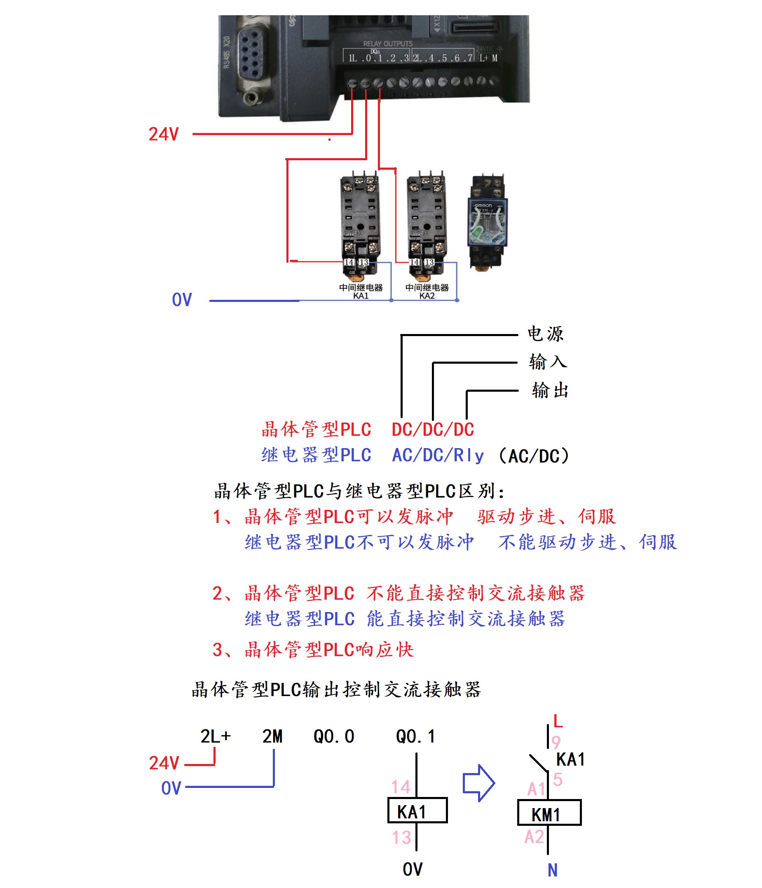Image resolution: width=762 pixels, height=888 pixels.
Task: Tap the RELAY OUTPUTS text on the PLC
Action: [387, 44]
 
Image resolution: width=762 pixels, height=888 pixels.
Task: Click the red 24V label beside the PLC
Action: [163, 134]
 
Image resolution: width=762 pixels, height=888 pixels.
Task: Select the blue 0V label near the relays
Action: [182, 299]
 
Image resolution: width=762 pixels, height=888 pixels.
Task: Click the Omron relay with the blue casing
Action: [488, 222]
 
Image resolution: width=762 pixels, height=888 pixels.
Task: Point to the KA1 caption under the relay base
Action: [361, 296]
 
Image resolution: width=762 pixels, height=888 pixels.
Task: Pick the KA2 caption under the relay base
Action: [427, 296]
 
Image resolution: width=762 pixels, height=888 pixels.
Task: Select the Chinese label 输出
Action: [550, 390]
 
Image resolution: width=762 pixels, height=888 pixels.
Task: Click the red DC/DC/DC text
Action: [432, 430]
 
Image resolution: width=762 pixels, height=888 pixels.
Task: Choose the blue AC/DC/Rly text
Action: [437, 455]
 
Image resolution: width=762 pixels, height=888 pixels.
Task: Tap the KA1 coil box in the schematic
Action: [417, 810]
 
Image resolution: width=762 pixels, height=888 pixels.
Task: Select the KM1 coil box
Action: [549, 812]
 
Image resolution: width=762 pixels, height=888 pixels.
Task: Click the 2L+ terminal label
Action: [215, 736]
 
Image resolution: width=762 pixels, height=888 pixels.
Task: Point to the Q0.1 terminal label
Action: [415, 736]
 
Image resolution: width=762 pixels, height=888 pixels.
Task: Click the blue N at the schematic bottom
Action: [552, 870]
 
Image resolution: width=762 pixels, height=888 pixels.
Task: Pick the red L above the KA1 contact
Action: [558, 721]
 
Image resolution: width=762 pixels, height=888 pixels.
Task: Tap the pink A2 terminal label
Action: [534, 837]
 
